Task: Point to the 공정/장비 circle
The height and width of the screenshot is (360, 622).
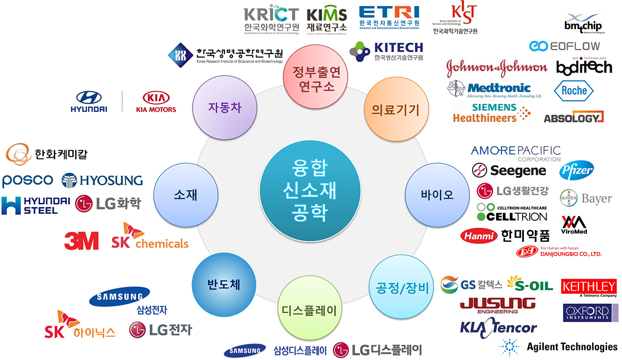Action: pos(400,287)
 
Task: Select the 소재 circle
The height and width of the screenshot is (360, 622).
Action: pos(185,195)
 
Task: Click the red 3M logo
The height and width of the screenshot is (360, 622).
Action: pos(81,240)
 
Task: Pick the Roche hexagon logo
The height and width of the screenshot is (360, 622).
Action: pos(573,90)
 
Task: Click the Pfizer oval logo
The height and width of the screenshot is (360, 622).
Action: pos(577,170)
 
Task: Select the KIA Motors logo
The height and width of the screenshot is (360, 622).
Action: pos(156,102)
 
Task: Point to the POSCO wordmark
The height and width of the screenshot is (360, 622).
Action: pos(27,180)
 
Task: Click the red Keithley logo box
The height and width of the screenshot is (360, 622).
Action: pos(589,287)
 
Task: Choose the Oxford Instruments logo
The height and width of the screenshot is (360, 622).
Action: pos(589,313)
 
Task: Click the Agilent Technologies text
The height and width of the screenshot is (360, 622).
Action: pos(572,347)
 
